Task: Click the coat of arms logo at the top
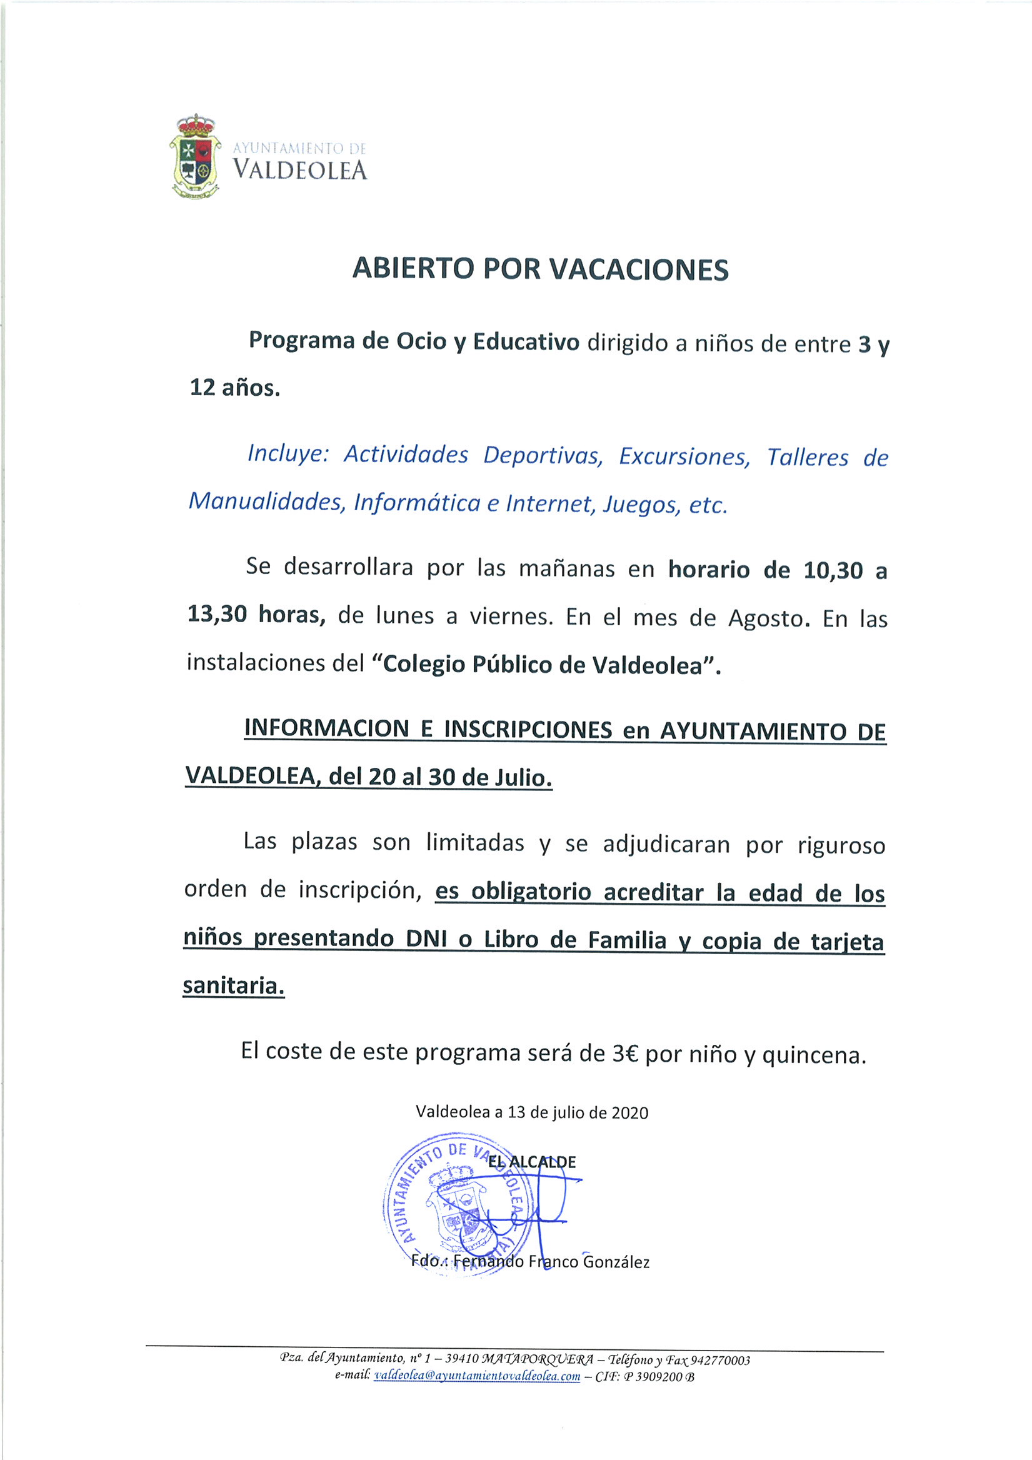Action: coord(194,156)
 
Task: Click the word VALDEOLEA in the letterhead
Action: coord(299,171)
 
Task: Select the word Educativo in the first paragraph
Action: coord(526,342)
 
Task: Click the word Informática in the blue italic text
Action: coord(416,503)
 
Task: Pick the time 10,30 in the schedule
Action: coord(833,570)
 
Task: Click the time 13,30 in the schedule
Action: coord(217,615)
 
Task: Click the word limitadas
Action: coord(475,843)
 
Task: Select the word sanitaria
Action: coord(233,985)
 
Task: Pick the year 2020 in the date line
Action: coord(629,1113)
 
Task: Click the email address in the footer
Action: coord(477,1376)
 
